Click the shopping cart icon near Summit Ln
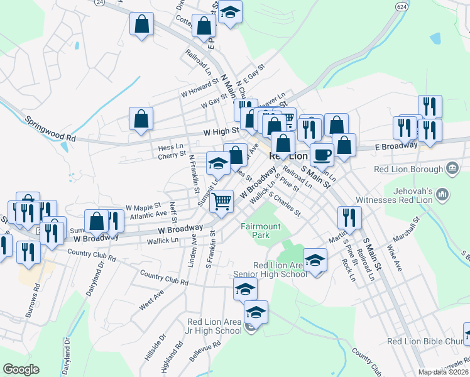click(x=221, y=201)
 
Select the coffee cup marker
click(x=322, y=155)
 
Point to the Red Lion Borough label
click(x=408, y=169)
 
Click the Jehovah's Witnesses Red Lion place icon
click(x=443, y=195)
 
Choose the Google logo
click(x=21, y=369)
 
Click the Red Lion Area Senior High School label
click(x=271, y=270)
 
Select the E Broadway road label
click(x=397, y=145)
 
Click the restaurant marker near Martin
click(x=349, y=217)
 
